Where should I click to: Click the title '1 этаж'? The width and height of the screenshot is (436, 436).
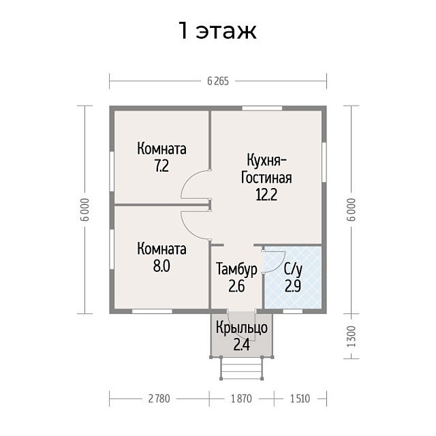pyautogui.click(x=217, y=31)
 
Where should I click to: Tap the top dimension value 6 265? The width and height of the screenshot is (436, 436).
pyautogui.click(x=218, y=80)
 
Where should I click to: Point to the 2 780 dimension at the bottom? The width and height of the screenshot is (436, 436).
pyautogui.click(x=157, y=398)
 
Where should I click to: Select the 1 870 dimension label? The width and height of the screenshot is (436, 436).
pyautogui.click(x=240, y=398)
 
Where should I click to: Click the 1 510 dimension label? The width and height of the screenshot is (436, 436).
pyautogui.click(x=300, y=398)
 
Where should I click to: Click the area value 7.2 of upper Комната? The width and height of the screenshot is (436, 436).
pyautogui.click(x=161, y=166)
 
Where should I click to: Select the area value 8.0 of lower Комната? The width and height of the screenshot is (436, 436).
pyautogui.click(x=161, y=265)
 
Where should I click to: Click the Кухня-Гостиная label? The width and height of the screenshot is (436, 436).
pyautogui.click(x=266, y=169)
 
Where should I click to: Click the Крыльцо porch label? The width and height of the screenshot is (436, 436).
pyautogui.click(x=241, y=328)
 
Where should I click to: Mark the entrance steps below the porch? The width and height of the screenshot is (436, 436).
pyautogui.click(x=240, y=369)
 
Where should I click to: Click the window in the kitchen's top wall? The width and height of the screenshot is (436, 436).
pyautogui.click(x=262, y=108)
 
